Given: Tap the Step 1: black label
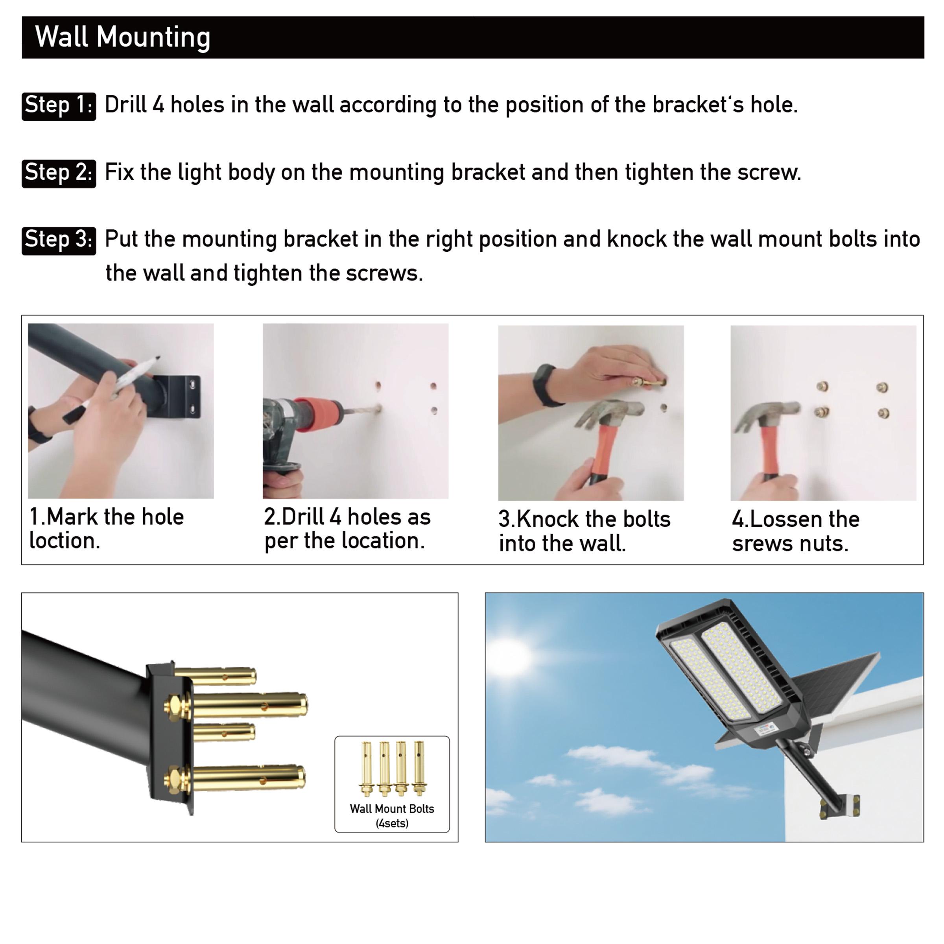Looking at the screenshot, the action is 59,106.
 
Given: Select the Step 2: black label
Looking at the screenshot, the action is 59,173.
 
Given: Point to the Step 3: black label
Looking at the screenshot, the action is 59,240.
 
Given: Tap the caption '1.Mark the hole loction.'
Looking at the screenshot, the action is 107,529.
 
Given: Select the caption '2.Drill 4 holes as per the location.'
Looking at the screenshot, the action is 347,529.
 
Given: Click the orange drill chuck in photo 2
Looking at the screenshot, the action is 317,414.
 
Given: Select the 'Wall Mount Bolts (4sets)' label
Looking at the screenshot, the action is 392,816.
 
